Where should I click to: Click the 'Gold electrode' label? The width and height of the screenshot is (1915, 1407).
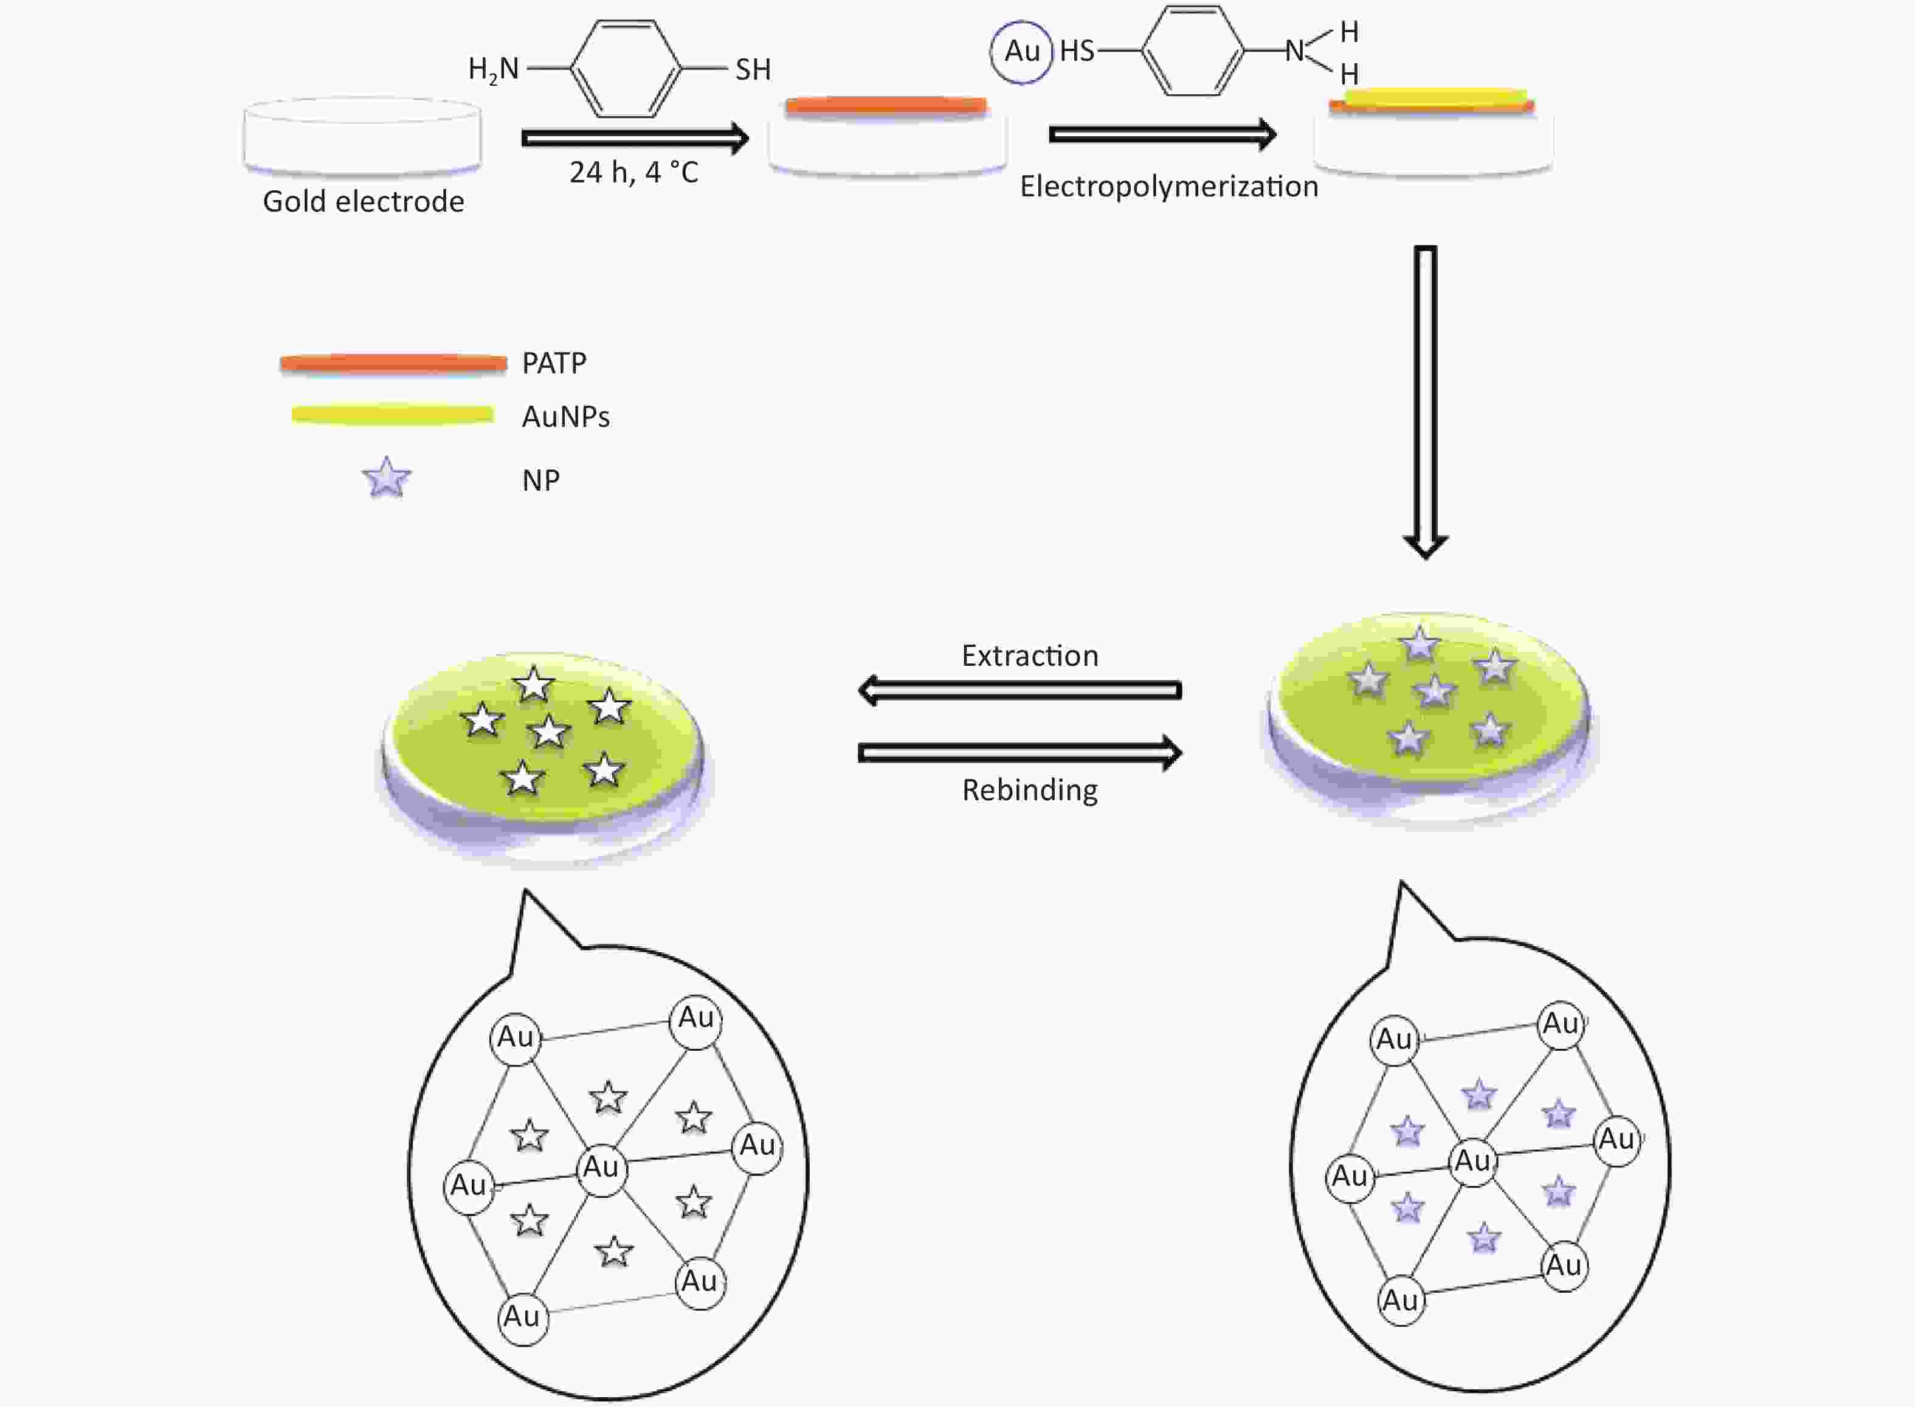[x=364, y=201]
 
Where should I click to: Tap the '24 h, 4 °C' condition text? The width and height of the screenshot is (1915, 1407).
[x=634, y=172]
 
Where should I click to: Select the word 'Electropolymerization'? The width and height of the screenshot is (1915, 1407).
[x=1169, y=187]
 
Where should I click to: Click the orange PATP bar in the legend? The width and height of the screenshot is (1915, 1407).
[x=393, y=364]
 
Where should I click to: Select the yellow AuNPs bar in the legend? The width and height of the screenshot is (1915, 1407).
[x=393, y=415]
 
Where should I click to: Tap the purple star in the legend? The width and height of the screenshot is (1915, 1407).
[x=387, y=478]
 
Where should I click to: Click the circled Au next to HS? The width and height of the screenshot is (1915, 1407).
[x=1022, y=51]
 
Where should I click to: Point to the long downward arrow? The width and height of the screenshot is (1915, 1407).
[x=1426, y=402]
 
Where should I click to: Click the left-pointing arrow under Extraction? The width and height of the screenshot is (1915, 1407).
[x=1020, y=690]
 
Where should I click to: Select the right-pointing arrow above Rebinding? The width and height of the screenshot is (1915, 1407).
[x=1020, y=753]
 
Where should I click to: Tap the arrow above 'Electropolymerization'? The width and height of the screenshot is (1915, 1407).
[x=1163, y=134]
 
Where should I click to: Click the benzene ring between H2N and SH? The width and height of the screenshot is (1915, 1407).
[x=626, y=68]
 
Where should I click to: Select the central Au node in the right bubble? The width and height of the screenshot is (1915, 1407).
[x=1473, y=1161]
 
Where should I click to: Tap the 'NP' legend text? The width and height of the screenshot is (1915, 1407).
[x=540, y=480]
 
